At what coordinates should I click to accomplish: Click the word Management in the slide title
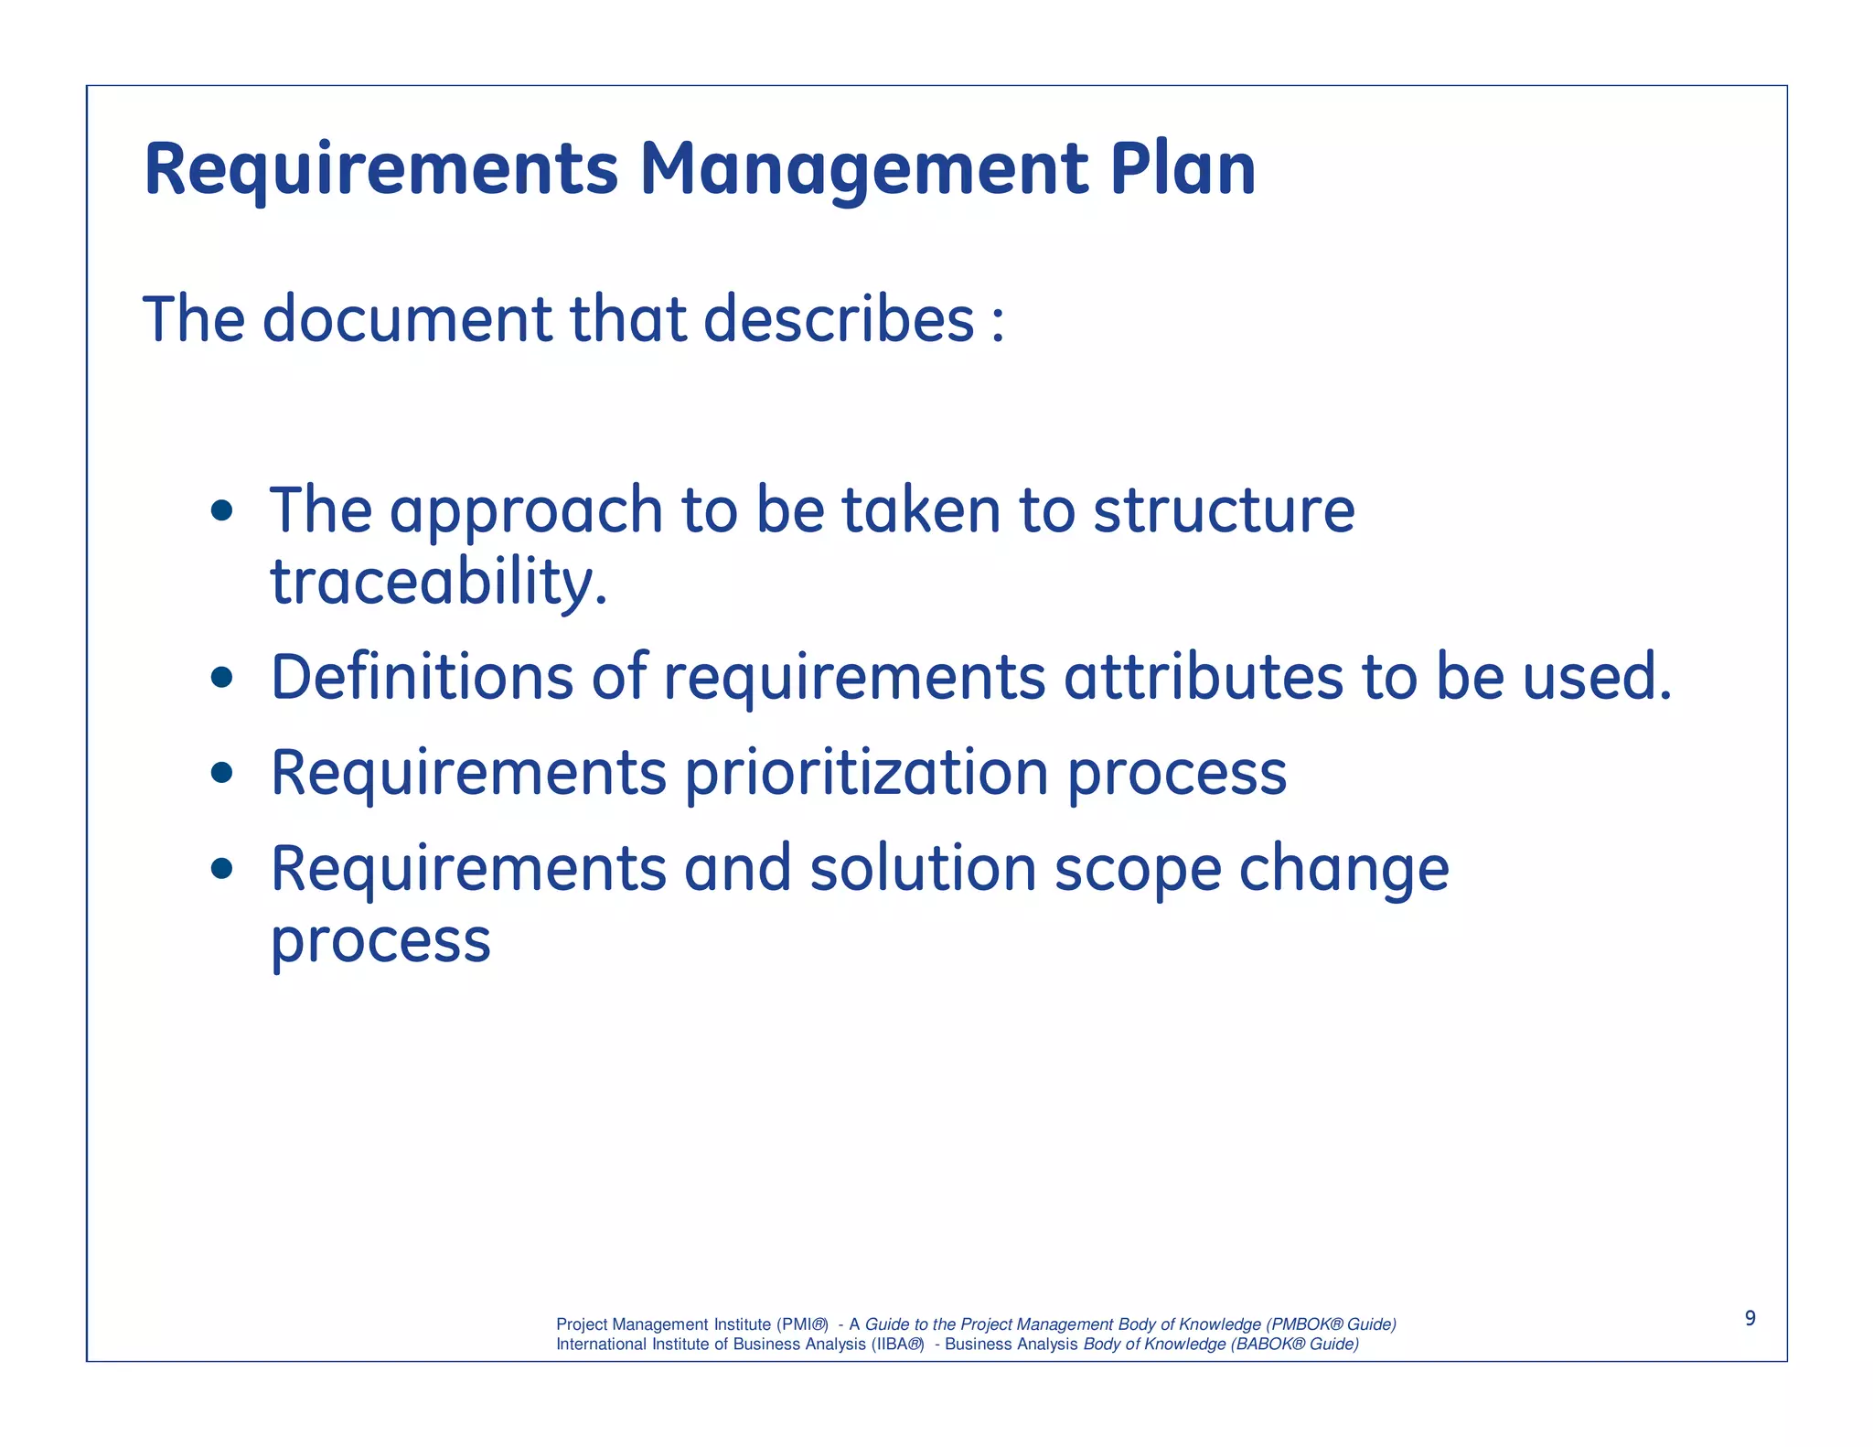(x=863, y=171)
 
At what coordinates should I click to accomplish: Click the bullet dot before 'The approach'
(x=221, y=510)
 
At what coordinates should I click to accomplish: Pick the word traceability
(x=438, y=583)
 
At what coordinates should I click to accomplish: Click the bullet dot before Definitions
(x=221, y=678)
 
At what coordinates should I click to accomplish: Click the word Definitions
(x=422, y=678)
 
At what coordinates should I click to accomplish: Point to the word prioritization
(x=866, y=774)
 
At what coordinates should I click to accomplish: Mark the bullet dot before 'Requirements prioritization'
(x=221, y=774)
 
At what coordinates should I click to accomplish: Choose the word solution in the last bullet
(x=923, y=869)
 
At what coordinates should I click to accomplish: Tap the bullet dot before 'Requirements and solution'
(x=221, y=869)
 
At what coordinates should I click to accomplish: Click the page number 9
(x=1750, y=1318)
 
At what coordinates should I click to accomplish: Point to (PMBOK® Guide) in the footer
(x=1331, y=1324)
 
